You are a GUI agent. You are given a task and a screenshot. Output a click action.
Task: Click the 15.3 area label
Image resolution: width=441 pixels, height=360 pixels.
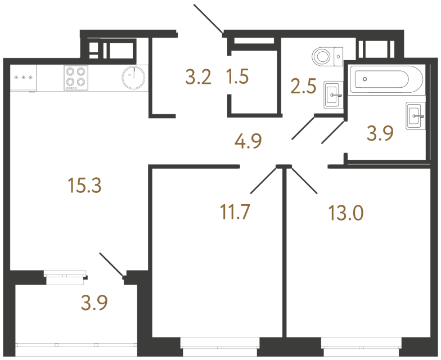(84, 185)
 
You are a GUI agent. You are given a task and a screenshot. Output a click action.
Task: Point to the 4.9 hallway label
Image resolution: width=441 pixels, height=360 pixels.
(249, 141)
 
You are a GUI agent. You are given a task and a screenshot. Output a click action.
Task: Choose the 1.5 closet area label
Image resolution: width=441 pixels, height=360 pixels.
(237, 76)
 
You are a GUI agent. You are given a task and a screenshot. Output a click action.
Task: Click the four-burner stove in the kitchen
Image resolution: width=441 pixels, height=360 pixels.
(76, 78)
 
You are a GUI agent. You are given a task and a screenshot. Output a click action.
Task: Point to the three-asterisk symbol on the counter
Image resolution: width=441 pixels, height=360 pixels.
(23, 78)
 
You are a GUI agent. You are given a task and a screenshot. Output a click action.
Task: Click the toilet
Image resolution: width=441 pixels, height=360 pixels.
(326, 56)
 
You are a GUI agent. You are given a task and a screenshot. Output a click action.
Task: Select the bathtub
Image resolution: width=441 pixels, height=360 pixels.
(385, 80)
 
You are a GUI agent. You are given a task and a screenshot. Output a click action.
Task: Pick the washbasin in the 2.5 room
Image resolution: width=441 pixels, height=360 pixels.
(334, 95)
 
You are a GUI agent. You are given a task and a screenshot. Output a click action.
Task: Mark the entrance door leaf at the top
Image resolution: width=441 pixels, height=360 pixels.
(208, 18)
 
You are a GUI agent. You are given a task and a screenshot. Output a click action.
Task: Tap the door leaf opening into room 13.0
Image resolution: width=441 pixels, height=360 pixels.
(305, 181)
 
